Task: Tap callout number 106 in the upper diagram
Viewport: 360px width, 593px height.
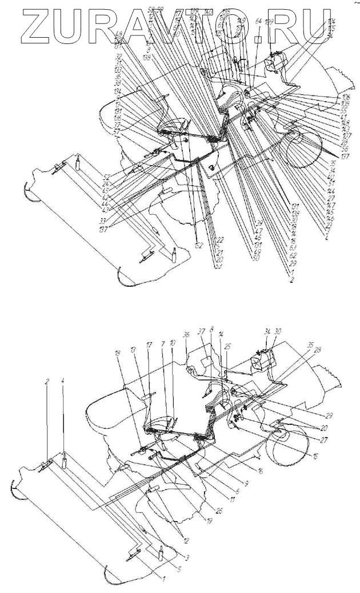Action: [345, 97]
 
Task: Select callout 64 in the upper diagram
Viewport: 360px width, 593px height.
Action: [258, 22]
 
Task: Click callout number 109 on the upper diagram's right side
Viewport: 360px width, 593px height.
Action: [345, 103]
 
